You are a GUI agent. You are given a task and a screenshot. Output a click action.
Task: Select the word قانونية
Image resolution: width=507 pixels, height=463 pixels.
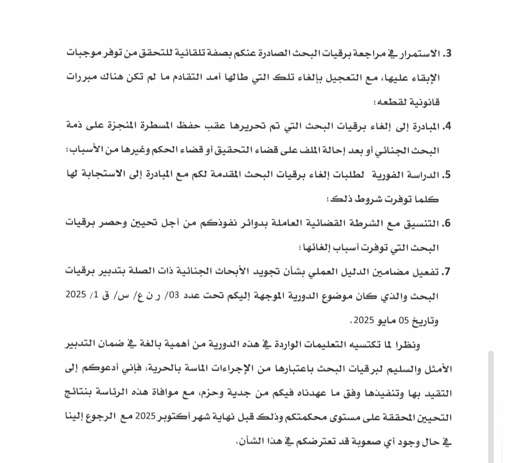[x=424, y=102]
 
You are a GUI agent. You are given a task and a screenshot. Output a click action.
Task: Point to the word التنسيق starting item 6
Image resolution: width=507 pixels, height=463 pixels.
[x=421, y=223]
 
